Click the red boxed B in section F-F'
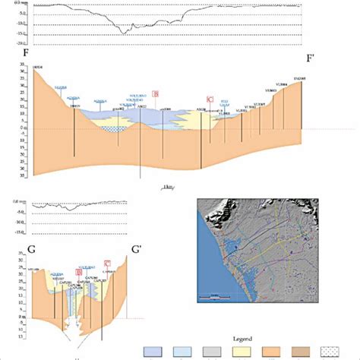pos(156,94)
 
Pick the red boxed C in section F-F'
pos(209,99)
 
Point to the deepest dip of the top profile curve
pos(124,32)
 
